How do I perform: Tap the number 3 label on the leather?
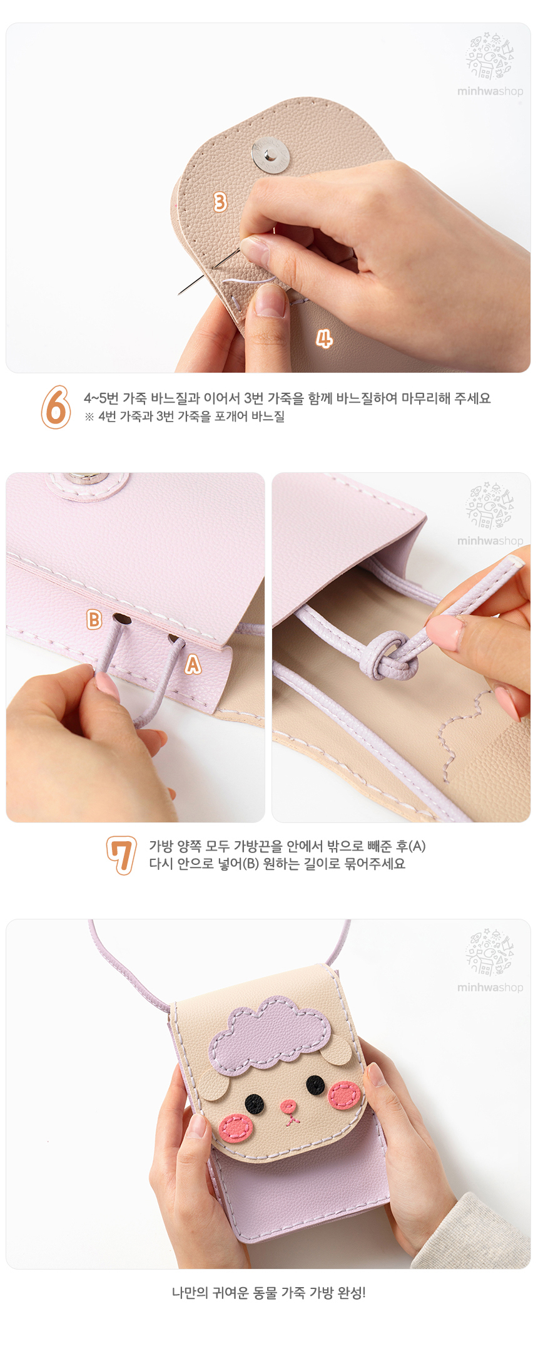[220, 202]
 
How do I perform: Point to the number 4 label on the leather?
[323, 339]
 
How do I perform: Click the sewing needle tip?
[180, 293]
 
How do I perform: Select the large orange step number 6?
[56, 407]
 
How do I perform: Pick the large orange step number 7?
[121, 856]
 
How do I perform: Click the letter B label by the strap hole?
[94, 619]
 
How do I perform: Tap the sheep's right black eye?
[315, 1084]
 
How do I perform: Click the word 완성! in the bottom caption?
[352, 1292]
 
